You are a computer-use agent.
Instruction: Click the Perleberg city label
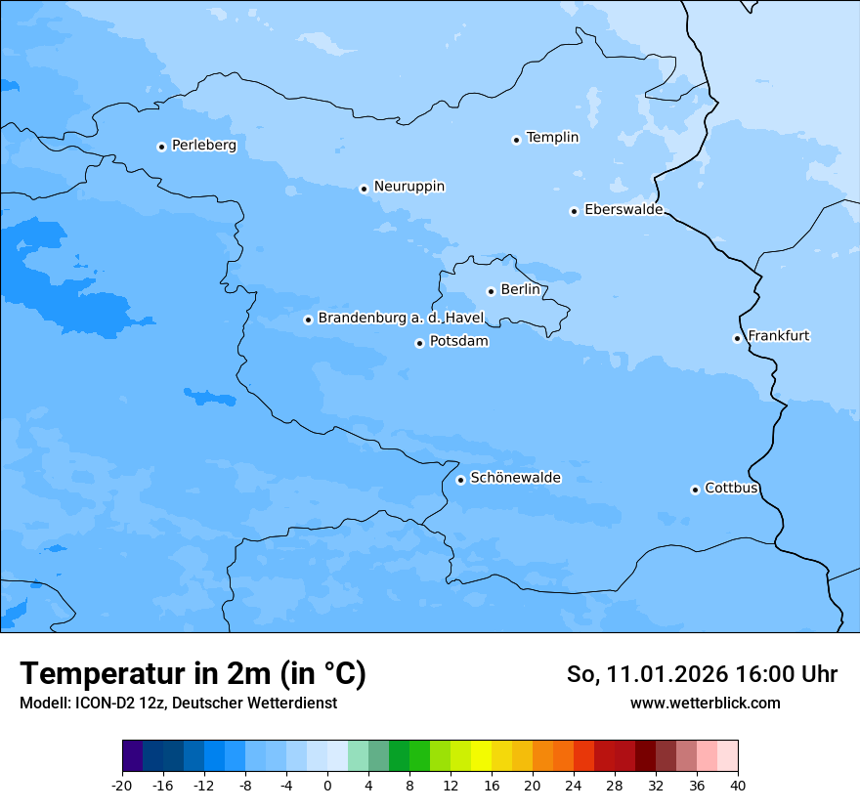[203, 146]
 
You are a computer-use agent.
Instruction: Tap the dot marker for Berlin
[491, 291]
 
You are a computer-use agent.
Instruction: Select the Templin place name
[552, 138]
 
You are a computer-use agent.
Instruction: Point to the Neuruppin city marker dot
[364, 189]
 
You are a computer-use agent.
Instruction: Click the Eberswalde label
[623, 210]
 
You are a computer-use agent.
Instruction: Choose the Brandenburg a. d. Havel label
[401, 319]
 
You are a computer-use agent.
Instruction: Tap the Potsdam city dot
[419, 343]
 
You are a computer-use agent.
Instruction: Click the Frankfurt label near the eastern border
[778, 336]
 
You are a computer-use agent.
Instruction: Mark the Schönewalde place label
[515, 479]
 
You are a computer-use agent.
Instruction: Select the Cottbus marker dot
[695, 490]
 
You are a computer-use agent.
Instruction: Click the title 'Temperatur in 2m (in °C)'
[193, 674]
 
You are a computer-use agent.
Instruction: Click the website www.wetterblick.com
[705, 704]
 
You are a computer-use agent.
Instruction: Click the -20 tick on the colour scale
[122, 786]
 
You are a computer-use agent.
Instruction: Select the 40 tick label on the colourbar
[738, 786]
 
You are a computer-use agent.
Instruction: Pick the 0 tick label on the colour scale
[327, 786]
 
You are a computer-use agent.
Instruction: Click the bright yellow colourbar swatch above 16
[481, 756]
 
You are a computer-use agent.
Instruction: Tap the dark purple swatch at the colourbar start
[132, 756]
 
